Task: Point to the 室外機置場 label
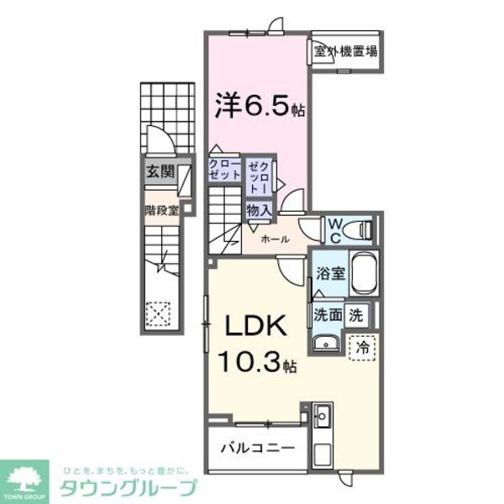click(x=345, y=51)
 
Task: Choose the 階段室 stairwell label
click(x=160, y=211)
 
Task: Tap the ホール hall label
click(x=276, y=239)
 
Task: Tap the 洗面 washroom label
click(x=328, y=316)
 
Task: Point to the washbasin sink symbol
click(x=324, y=343)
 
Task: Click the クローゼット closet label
click(x=224, y=168)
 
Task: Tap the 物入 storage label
click(x=257, y=210)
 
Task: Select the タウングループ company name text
click(x=128, y=488)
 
